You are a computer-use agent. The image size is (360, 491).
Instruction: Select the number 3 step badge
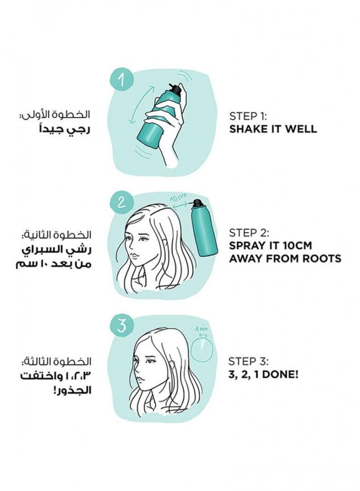click(x=121, y=325)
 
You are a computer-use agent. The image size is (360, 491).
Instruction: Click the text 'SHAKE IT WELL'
click(x=273, y=129)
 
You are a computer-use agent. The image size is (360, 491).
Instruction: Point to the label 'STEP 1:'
click(x=248, y=116)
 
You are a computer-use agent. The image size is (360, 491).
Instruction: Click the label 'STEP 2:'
click(x=249, y=233)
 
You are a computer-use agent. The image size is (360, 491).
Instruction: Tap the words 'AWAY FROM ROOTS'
click(x=285, y=258)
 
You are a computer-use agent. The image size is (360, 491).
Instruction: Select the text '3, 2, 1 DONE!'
click(x=263, y=374)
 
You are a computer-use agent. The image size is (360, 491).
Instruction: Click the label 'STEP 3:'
click(x=249, y=361)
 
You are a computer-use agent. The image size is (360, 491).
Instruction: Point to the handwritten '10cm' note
click(x=179, y=197)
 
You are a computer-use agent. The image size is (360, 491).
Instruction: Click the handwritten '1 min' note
click(x=201, y=328)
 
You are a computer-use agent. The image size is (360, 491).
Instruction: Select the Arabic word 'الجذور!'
click(x=72, y=390)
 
